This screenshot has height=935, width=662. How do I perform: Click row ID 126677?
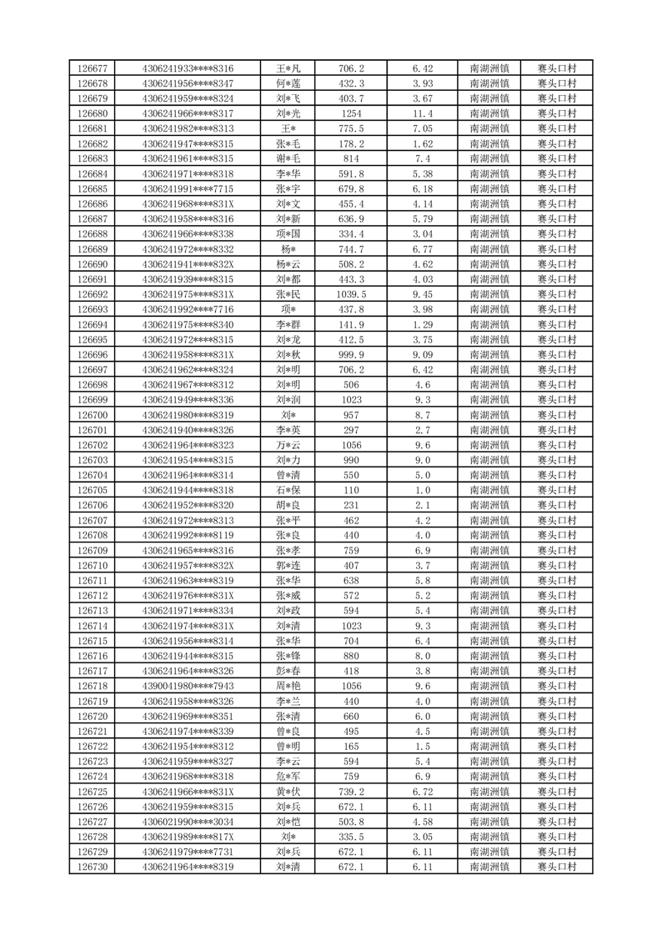(92, 68)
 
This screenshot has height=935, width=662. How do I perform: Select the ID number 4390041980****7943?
(188, 686)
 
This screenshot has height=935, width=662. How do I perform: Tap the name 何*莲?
(288, 83)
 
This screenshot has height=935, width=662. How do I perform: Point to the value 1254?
(351, 113)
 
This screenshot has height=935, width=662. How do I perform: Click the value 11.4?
(423, 113)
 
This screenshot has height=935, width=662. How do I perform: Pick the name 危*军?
(288, 777)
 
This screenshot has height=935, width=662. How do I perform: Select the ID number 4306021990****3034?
(188, 822)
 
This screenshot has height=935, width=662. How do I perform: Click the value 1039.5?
(351, 294)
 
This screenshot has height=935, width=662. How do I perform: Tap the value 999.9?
(351, 354)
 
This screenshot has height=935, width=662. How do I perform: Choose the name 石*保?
(288, 490)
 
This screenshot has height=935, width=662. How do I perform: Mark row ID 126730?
(92, 867)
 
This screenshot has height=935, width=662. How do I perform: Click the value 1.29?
(423, 324)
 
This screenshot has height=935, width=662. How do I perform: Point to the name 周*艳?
(288, 686)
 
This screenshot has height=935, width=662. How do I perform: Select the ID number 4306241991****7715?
(188, 188)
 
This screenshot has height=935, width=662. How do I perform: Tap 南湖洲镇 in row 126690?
(489, 264)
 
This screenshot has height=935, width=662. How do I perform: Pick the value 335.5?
(351, 837)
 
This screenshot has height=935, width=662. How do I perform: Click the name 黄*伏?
(288, 792)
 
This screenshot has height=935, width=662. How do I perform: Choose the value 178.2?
(351, 143)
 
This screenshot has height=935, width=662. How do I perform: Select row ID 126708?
(92, 535)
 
